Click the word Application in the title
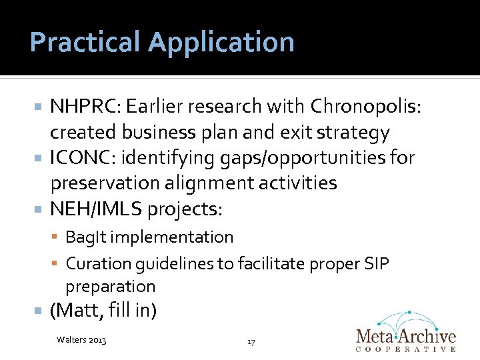click(221, 43)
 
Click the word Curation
click(95, 263)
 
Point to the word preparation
click(110, 287)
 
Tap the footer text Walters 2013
click(82, 341)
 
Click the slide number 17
click(251, 341)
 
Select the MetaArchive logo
click(405, 331)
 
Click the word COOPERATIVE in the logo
click(405, 349)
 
